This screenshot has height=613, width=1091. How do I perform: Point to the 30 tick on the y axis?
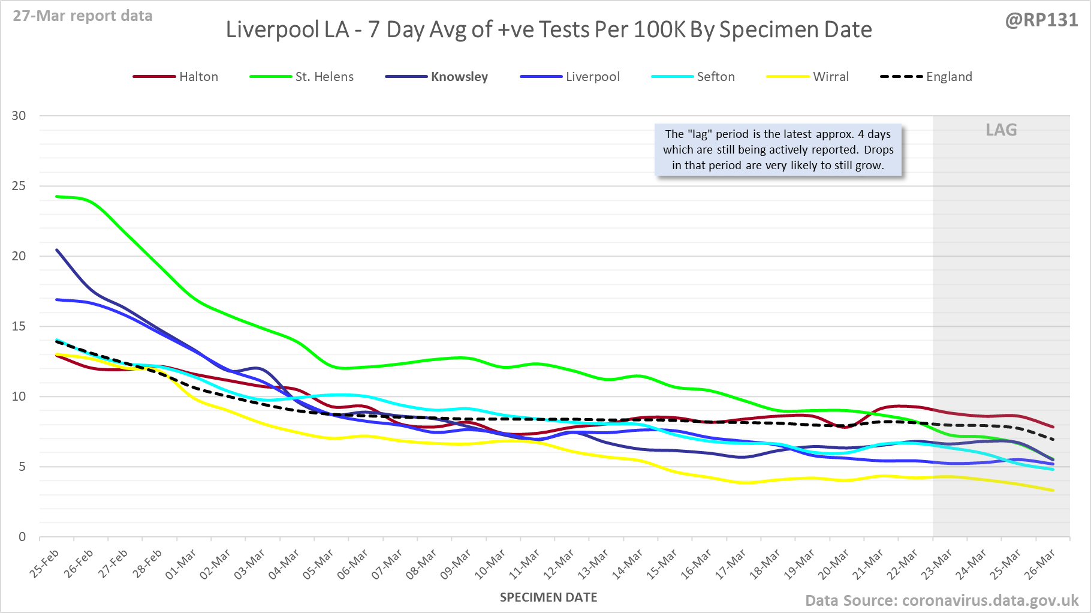point(19,116)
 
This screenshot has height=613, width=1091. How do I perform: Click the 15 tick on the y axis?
point(19,326)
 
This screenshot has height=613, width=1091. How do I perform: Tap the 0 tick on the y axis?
point(22,537)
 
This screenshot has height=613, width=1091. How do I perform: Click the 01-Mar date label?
point(181,564)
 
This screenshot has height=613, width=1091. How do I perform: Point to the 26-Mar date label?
point(1040,564)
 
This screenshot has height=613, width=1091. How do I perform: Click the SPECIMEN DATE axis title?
point(548,597)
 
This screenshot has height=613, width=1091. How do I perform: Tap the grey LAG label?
point(1001,130)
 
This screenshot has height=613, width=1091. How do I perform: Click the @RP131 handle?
point(1041,20)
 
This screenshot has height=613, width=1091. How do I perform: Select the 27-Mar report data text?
point(83,16)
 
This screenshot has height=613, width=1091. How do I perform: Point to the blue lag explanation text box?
point(777,150)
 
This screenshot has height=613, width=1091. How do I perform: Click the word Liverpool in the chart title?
point(287,30)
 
